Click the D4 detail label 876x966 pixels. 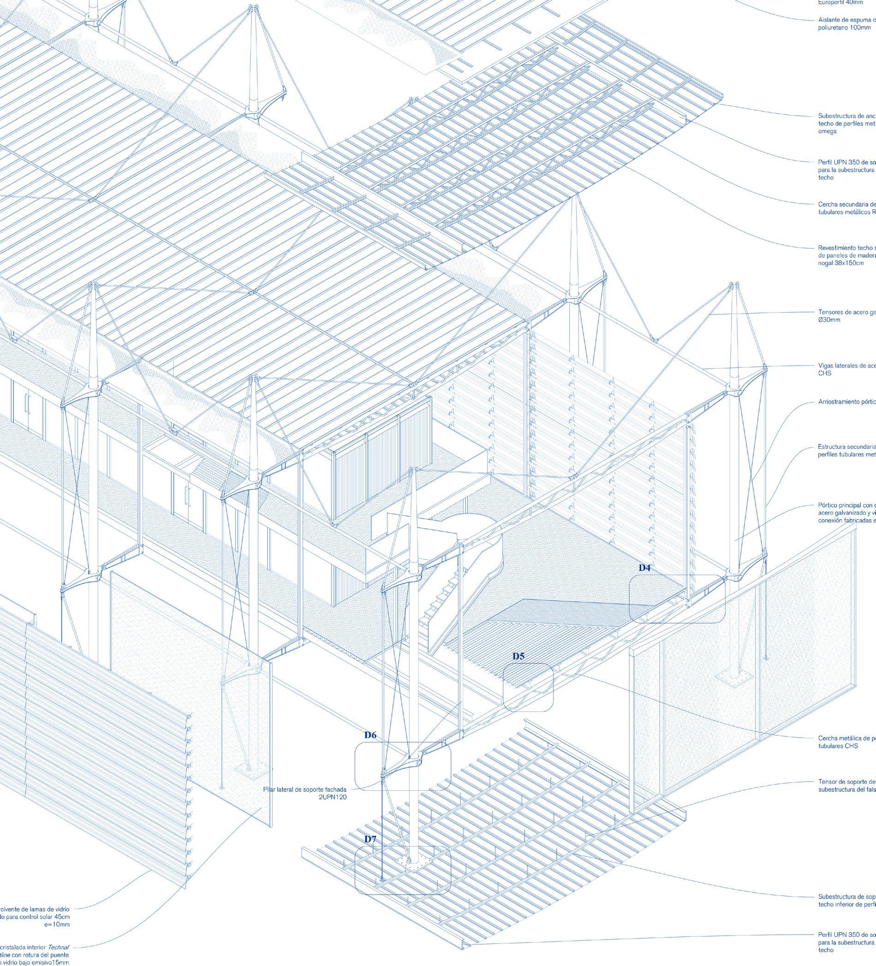click(x=644, y=568)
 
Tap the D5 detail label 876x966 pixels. click(x=518, y=657)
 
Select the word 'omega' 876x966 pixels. click(x=827, y=131)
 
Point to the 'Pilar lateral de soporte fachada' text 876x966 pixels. click(x=304, y=789)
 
